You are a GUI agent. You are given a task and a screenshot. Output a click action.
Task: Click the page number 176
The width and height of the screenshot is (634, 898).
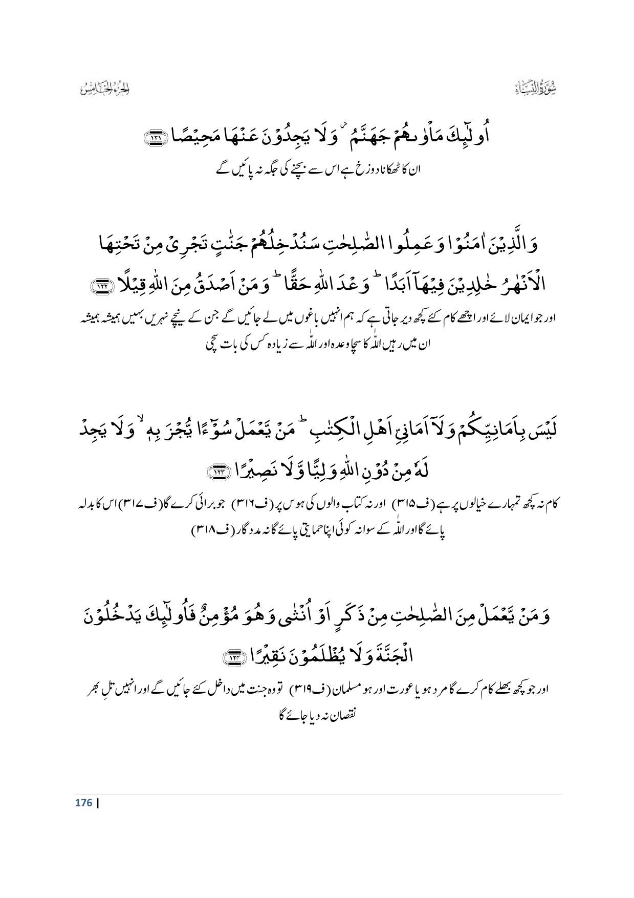click(83, 802)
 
